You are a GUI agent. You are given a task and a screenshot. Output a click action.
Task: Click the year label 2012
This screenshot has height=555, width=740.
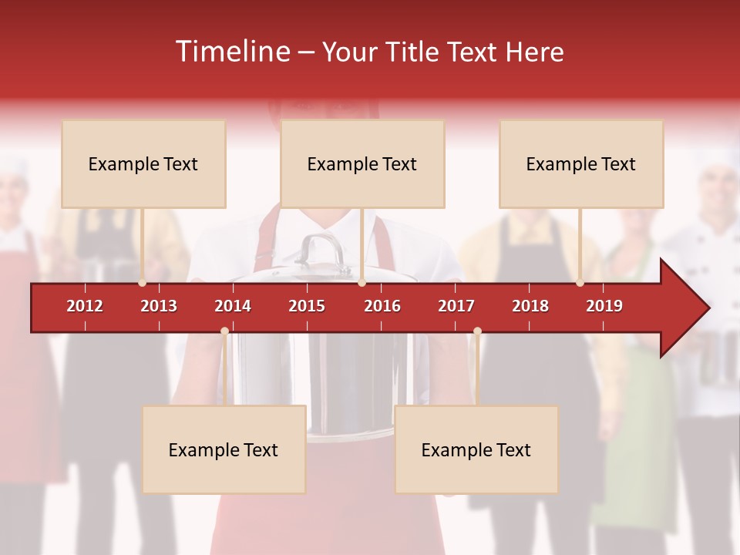[85, 306]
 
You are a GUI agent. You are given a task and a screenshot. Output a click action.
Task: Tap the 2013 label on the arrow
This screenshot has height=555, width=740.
[159, 306]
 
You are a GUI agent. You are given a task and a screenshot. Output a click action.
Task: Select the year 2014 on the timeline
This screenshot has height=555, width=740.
[233, 306]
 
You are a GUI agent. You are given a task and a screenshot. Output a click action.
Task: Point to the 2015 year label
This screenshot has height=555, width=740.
[307, 306]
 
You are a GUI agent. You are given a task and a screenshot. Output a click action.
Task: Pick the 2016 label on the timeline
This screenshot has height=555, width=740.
[382, 306]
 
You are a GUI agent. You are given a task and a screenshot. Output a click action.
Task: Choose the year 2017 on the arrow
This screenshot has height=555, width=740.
[456, 306]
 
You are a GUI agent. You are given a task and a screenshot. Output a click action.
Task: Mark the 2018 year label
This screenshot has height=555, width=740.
[530, 306]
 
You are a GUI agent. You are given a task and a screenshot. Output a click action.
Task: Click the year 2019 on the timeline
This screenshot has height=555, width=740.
[604, 306]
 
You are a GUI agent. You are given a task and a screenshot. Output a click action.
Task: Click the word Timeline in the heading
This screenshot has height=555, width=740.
[232, 52]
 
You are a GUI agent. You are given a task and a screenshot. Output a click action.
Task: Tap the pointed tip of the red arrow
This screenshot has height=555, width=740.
[707, 308]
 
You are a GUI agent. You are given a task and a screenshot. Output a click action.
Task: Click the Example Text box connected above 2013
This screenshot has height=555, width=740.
[143, 163]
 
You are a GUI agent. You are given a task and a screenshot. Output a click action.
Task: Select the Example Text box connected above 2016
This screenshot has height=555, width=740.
[362, 163]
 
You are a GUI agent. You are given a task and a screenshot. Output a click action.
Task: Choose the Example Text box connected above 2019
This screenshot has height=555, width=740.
[581, 163]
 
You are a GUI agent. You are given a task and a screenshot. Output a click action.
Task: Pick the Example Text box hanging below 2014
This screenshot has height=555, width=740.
[224, 449]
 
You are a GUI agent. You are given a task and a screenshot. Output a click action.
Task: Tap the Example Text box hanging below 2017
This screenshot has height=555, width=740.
[476, 449]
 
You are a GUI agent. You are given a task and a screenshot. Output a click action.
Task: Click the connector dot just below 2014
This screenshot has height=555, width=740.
[224, 331]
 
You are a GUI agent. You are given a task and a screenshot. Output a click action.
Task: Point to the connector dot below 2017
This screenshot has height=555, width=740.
[477, 331]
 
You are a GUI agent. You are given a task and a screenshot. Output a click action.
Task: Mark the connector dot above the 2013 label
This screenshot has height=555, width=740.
[143, 283]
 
